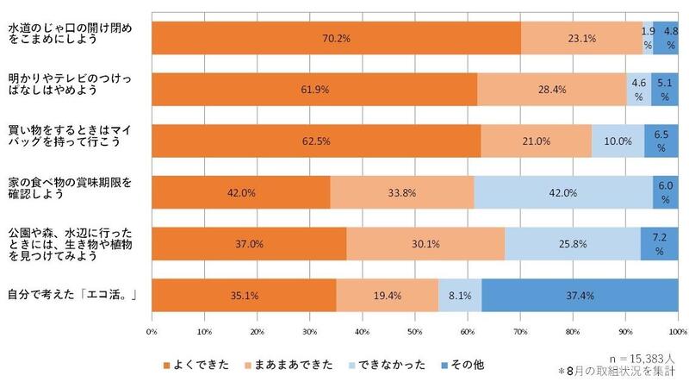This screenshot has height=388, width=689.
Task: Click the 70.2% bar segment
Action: click(336, 39)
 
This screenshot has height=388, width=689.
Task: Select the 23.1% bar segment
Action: click(581, 39)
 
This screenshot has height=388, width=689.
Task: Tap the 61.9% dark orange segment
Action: click(314, 89)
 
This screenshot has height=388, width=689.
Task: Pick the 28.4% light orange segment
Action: click(551, 89)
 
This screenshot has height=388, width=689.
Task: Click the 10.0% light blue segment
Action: click(618, 141)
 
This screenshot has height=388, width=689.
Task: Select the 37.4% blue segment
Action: click(579, 294)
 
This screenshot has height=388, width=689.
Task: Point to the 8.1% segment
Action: click(460, 294)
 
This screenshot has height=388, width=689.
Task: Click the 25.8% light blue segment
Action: click(572, 244)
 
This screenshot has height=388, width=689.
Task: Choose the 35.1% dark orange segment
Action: click(244, 294)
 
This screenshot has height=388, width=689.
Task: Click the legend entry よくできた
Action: click(200, 365)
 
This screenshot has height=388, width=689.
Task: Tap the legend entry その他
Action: click(470, 365)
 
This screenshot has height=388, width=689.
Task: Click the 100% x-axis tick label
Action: click(677, 331)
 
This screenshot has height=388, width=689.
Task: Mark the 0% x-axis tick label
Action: click(152, 331)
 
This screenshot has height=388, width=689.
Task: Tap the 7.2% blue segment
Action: click(658, 244)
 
